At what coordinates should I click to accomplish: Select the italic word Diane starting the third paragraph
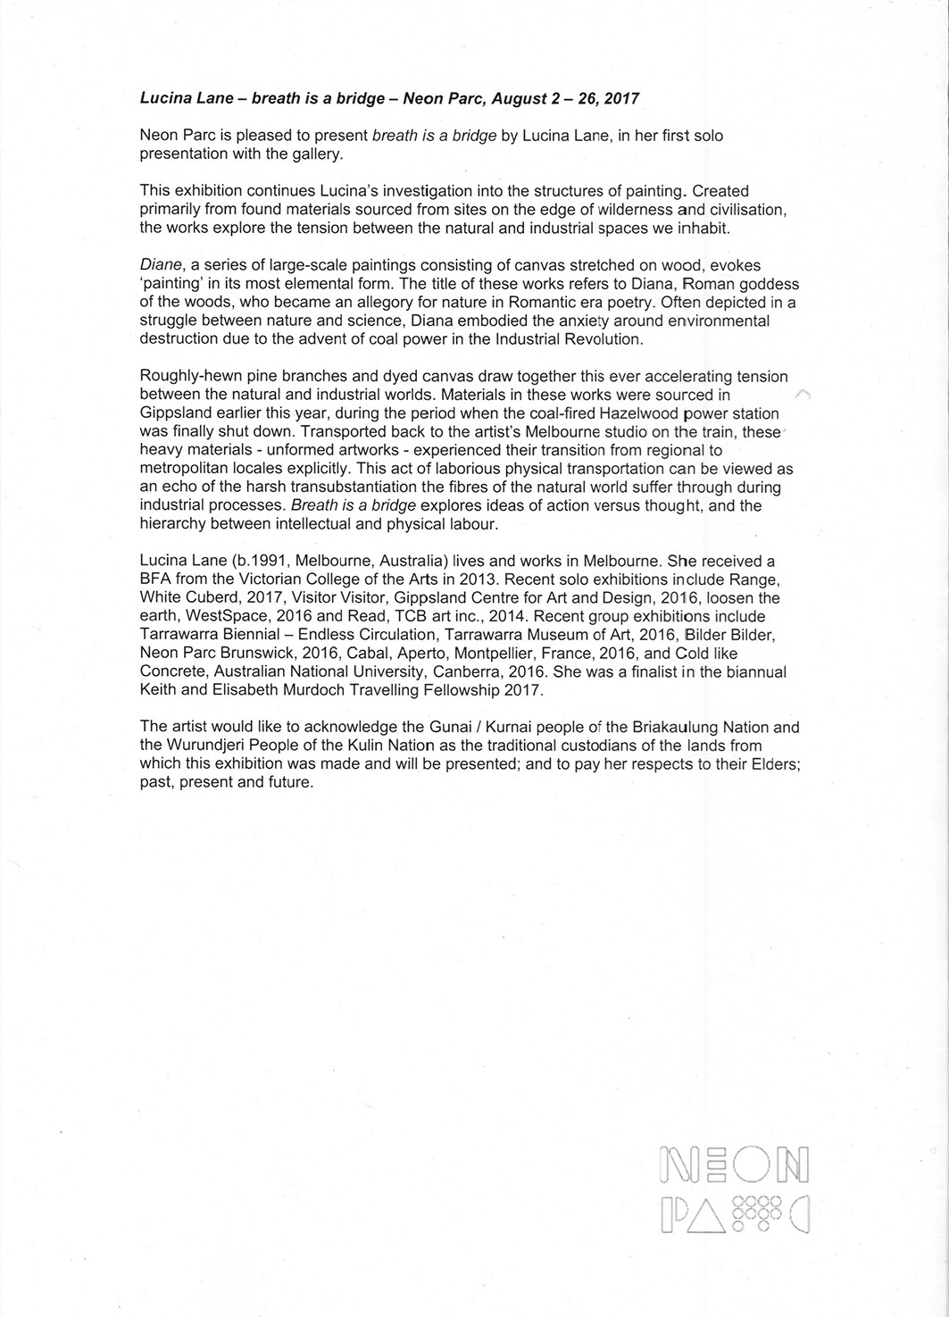[161, 265]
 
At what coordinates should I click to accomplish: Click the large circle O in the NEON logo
[752, 1165]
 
